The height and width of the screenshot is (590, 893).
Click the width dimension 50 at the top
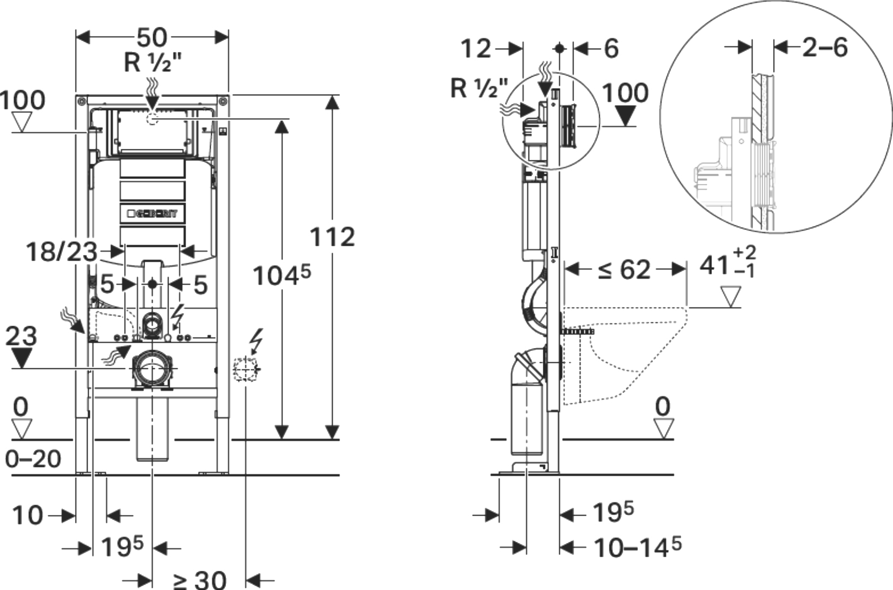152,37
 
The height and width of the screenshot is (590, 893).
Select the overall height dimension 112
332,238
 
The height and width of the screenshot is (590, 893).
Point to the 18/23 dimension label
61,252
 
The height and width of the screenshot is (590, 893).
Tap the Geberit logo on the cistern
153,214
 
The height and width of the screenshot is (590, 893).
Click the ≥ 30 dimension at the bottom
199,579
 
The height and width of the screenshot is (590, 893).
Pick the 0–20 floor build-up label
33,459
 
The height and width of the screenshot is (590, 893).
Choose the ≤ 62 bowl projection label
624,269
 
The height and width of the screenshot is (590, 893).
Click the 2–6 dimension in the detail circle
825,48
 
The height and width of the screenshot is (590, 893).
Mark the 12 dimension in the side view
476,49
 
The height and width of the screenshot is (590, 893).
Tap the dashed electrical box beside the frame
246,369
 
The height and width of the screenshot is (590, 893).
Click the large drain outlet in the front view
151,370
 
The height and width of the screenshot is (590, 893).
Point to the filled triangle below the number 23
21,359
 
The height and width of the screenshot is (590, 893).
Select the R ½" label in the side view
479,88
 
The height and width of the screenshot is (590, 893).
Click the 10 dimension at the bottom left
27,516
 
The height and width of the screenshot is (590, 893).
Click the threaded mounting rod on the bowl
578,332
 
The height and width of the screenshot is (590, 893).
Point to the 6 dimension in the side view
611,49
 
